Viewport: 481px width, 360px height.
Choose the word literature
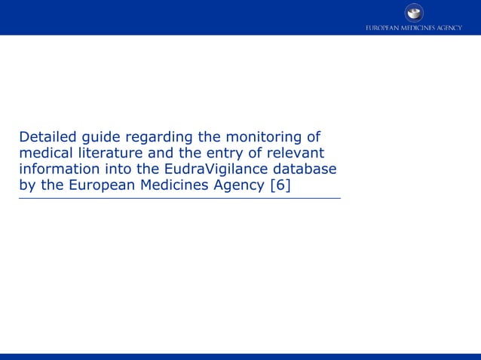coord(109,153)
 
